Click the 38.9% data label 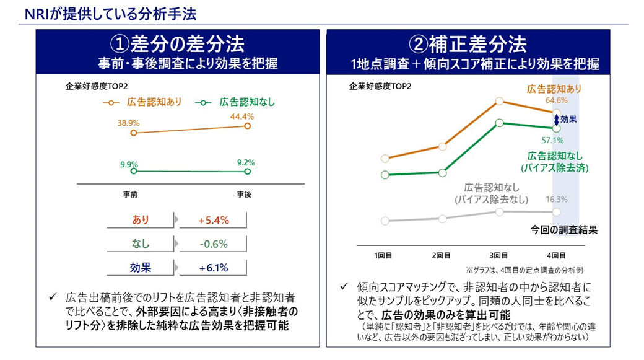coord(129,123)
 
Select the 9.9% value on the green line coord(129,164)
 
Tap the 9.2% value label coord(245,163)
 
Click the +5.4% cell coord(214,220)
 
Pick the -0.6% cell coord(214,244)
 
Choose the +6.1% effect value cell coord(214,268)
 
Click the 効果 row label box coord(141,268)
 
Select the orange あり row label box coord(141,220)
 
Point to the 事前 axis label coord(130,194)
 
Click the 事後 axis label coord(245,194)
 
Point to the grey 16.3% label coord(557,200)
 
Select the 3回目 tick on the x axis coord(499,255)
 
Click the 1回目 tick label coord(385,255)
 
